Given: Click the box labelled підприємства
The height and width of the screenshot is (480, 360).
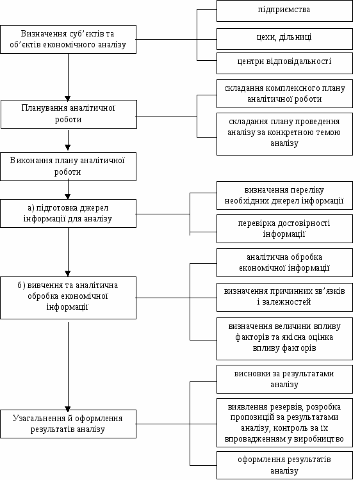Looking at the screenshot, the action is click(x=284, y=11).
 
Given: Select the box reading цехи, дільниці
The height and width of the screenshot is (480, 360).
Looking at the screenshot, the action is click(x=284, y=39).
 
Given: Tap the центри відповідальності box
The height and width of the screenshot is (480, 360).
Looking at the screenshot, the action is click(x=284, y=63).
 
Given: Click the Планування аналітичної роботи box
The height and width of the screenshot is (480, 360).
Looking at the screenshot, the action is click(x=69, y=114).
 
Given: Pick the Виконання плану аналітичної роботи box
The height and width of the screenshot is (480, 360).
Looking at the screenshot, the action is click(x=69, y=166).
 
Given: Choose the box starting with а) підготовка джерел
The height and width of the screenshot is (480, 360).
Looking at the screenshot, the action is click(x=69, y=213).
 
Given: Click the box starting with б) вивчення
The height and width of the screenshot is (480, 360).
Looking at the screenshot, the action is click(x=69, y=298).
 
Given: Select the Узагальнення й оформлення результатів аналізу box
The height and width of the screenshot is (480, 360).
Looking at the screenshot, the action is click(x=69, y=424).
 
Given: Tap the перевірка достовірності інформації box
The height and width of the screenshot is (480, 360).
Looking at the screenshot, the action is click(x=284, y=228).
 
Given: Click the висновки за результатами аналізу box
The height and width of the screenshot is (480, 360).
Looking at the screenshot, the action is click(x=284, y=379).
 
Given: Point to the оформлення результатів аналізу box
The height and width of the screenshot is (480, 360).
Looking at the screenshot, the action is click(x=284, y=465).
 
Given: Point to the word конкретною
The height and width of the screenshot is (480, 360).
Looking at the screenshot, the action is click(x=290, y=132).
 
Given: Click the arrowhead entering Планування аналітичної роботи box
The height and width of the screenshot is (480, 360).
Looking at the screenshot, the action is click(x=68, y=98).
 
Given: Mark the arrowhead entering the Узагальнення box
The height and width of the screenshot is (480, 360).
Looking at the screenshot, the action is click(x=68, y=408).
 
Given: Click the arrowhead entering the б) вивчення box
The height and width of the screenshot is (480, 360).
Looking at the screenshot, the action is click(x=68, y=274).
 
